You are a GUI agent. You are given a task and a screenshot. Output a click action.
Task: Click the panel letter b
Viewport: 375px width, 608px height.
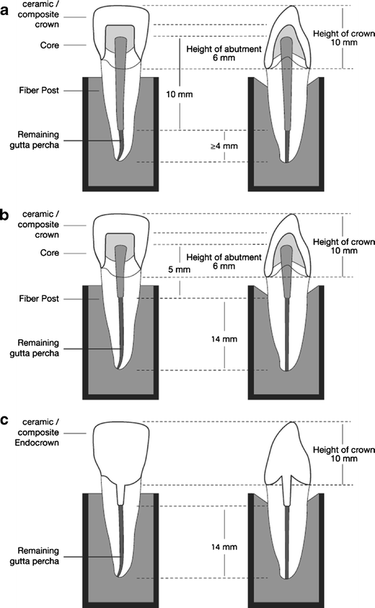(x=6, y=214)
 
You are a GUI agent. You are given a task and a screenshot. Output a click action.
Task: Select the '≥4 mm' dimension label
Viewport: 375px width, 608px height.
(x=214, y=146)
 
